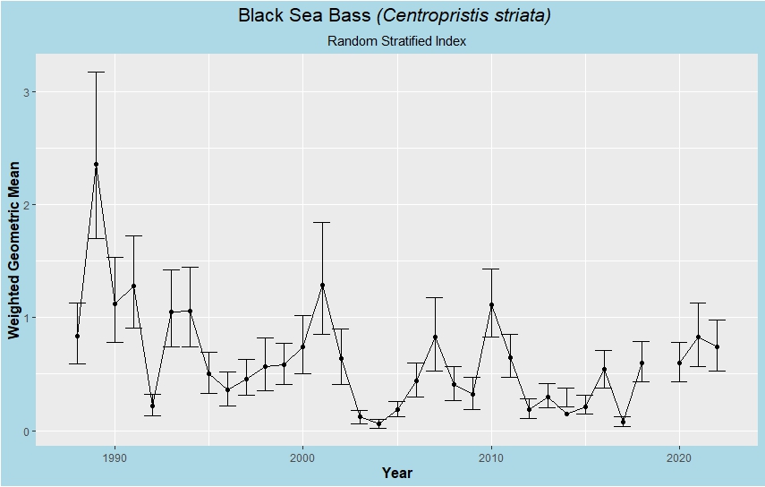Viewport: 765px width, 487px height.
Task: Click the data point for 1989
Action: point(96,165)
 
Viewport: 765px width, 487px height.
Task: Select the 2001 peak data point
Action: point(322,286)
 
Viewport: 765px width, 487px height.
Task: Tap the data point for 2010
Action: point(491,305)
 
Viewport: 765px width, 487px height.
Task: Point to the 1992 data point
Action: point(152,406)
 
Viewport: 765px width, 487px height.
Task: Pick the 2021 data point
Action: point(698,337)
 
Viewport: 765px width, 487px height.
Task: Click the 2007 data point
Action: point(435,337)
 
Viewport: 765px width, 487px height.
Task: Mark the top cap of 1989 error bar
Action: point(96,72)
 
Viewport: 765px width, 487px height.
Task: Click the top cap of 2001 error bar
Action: point(322,222)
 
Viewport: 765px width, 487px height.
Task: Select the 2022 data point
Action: point(717,347)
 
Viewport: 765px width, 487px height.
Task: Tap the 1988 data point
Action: point(77,337)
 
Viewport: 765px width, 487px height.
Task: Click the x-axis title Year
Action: point(396,473)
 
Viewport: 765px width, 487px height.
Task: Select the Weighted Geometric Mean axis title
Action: point(13,244)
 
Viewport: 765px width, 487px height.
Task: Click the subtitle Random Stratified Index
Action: point(396,41)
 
